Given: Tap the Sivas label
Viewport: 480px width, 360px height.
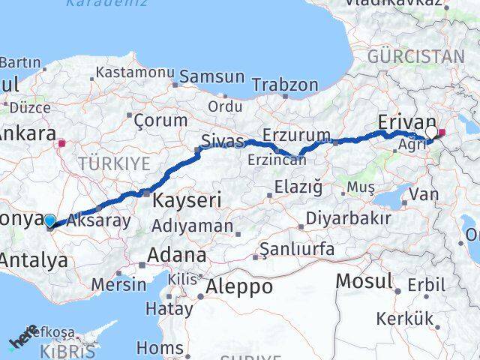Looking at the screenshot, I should (223, 141).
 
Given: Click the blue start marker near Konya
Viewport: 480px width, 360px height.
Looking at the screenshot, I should (49, 220).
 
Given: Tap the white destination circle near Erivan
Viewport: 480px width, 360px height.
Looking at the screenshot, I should (431, 133).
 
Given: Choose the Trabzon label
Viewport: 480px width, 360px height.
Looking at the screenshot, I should (285, 85).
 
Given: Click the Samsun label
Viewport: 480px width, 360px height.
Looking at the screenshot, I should (211, 76).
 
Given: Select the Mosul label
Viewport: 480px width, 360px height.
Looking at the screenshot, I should (364, 281).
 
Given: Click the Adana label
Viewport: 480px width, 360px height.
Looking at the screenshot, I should (176, 255).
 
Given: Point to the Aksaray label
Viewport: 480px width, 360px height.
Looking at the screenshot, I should (98, 220).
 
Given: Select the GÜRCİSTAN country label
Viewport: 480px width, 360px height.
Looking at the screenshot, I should (416, 56).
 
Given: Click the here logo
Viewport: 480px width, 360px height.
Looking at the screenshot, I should (23, 341).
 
